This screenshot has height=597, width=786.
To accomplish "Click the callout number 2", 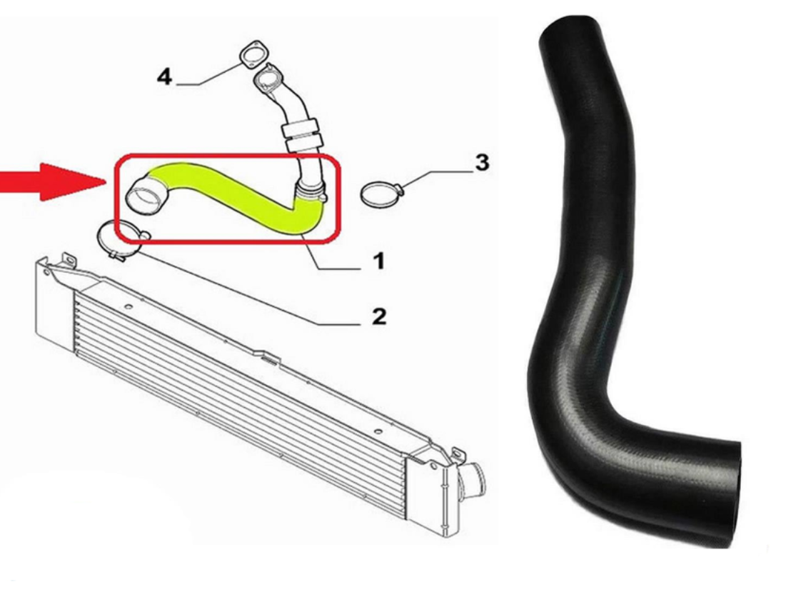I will tap(378, 316).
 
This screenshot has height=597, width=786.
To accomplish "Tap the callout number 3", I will tap(483, 163).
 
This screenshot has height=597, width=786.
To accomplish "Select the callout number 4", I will tap(165, 76).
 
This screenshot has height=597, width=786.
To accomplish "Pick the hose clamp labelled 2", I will tap(122, 239).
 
